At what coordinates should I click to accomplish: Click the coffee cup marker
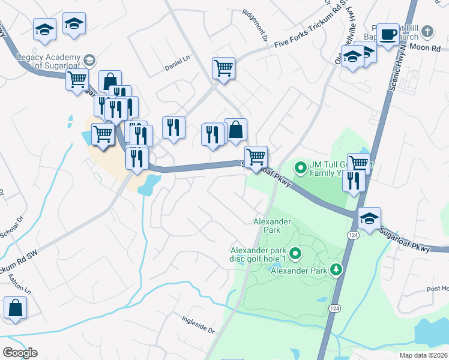tap(389, 34)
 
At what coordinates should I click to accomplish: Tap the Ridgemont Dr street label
tap(255, 22)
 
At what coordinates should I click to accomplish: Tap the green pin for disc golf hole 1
tap(295, 254)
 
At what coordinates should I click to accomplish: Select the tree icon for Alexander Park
tap(338, 271)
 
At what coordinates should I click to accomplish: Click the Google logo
tap(20, 353)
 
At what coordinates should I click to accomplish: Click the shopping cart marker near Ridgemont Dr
tap(223, 68)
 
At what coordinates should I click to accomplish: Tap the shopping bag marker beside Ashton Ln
tap(15, 307)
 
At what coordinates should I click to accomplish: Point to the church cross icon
tap(427, 31)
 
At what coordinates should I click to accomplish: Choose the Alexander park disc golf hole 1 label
tap(259, 254)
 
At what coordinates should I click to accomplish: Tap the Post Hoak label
tap(438, 289)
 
